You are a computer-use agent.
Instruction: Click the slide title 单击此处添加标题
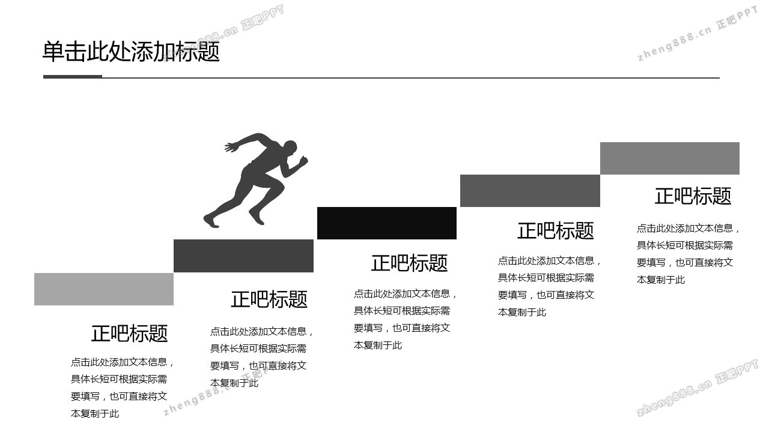click(x=131, y=52)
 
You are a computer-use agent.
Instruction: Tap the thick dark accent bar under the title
click(x=73, y=77)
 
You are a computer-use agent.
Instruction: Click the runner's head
click(x=290, y=148)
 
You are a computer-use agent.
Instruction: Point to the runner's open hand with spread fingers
click(x=231, y=146)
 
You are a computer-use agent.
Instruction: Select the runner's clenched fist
click(x=303, y=161)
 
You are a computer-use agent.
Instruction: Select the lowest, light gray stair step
click(x=104, y=289)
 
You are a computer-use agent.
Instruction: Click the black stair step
click(x=387, y=223)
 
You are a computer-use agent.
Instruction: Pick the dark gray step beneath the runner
click(x=243, y=256)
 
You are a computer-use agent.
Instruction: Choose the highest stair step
click(x=669, y=158)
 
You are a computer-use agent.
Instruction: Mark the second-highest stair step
click(x=530, y=191)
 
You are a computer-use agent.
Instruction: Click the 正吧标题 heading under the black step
click(x=409, y=263)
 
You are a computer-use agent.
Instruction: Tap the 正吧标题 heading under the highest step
click(x=693, y=196)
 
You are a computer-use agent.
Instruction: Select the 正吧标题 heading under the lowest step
click(x=129, y=333)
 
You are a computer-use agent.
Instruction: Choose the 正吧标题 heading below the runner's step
click(x=269, y=299)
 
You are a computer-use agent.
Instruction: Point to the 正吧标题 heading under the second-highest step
click(x=555, y=230)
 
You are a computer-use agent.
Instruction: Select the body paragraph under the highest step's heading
click(x=688, y=254)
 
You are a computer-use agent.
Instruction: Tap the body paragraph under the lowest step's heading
click(x=122, y=388)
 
